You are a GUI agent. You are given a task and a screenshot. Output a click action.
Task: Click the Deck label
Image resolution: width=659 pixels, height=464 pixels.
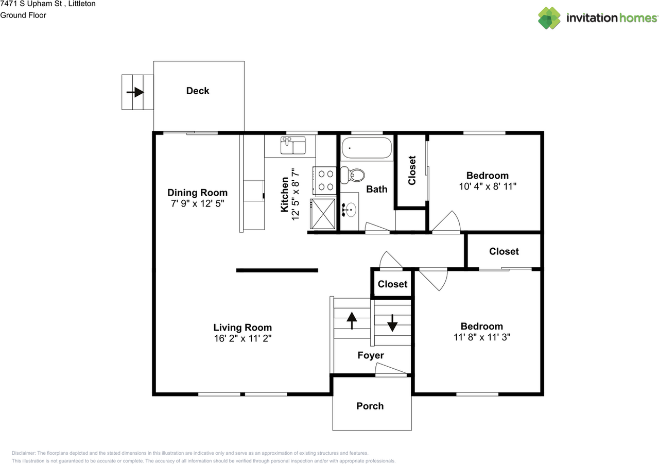(198, 91)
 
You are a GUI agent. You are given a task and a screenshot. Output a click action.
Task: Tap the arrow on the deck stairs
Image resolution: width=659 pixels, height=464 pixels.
(135, 92)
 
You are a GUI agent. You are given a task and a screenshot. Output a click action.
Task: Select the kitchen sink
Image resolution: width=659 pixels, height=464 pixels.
(293, 145)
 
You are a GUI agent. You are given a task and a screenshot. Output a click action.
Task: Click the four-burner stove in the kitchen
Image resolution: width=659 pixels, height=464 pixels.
(325, 180)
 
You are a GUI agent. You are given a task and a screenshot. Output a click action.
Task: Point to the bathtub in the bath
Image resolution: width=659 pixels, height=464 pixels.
(367, 148)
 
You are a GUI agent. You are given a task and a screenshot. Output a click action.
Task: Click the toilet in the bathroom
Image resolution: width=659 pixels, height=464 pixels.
(353, 175)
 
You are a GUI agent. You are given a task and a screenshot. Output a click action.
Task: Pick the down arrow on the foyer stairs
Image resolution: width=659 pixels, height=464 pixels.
(392, 323)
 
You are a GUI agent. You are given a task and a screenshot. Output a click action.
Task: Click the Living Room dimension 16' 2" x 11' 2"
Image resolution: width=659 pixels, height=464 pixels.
(242, 338)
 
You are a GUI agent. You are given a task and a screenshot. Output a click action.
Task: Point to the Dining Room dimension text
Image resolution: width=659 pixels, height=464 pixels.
(197, 203)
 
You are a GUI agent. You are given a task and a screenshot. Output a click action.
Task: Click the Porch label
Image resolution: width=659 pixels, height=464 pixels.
(370, 406)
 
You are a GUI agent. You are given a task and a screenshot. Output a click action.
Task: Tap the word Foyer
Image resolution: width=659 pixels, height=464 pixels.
(371, 355)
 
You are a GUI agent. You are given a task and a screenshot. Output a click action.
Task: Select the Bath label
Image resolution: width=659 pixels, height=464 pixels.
(376, 189)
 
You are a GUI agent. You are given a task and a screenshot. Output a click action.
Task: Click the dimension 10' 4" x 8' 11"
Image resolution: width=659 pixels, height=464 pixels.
(488, 186)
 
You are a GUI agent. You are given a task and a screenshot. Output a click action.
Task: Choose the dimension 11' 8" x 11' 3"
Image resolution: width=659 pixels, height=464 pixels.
(482, 337)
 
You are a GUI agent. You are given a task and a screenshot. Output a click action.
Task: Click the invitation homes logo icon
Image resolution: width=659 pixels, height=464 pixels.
(549, 18)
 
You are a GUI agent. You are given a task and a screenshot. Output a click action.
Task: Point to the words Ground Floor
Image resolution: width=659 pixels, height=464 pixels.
(23, 15)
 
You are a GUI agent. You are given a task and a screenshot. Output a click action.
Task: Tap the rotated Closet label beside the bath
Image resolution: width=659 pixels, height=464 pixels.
(412, 170)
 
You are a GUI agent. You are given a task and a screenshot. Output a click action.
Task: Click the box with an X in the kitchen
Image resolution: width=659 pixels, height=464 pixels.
(323, 214)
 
